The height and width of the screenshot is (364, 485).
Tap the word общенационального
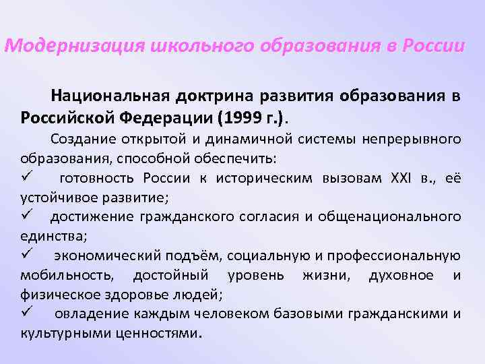[x=392, y=216]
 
